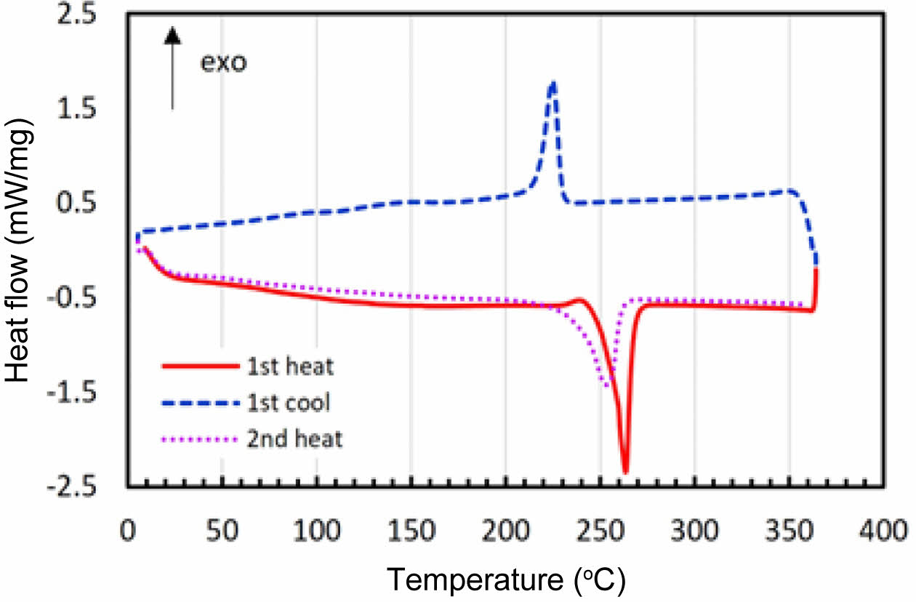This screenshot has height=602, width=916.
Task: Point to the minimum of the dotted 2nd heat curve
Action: (608, 386)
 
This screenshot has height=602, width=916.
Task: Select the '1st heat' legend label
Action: (299, 366)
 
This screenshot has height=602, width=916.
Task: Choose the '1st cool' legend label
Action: (299, 401)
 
